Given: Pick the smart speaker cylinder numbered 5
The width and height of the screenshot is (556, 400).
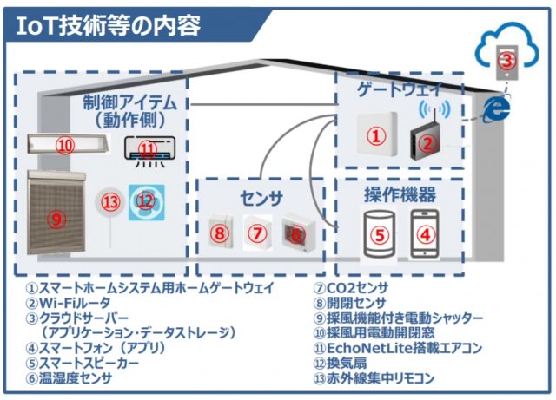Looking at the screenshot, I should (x=378, y=233).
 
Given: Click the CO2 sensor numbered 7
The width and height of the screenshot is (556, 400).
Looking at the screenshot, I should (x=257, y=233).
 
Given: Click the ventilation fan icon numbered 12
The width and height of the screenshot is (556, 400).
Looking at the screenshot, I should (x=144, y=201).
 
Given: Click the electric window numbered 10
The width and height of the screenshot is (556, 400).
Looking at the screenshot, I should (x=64, y=145).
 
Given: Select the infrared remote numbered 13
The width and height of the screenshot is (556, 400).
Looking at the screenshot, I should (x=109, y=205).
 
